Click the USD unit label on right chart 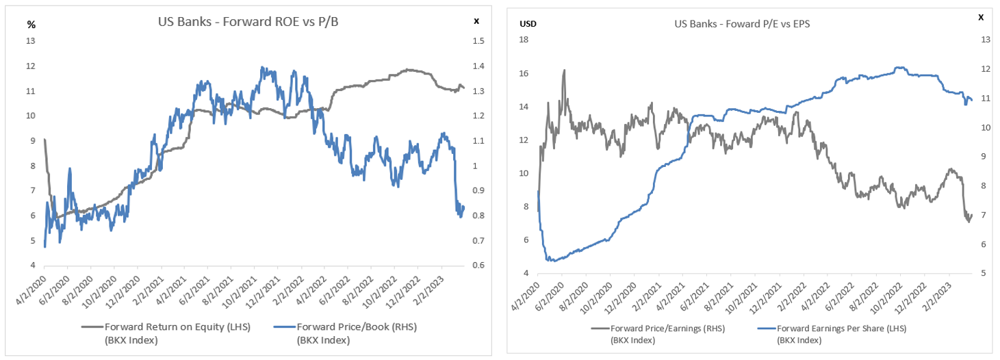pyautogui.click(x=528, y=24)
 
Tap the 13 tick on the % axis pyautogui.click(x=31, y=41)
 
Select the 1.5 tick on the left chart pyautogui.click(x=478, y=41)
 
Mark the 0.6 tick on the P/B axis pyautogui.click(x=478, y=266)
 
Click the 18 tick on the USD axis pyautogui.click(x=524, y=40)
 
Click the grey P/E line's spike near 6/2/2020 pyautogui.click(x=564, y=70)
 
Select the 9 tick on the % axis pyautogui.click(x=31, y=141)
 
